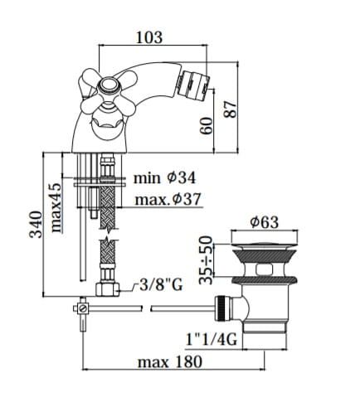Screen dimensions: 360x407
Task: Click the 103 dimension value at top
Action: [x=149, y=37]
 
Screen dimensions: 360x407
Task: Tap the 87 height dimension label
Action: [x=231, y=109]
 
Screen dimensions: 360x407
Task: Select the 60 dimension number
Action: [x=207, y=126]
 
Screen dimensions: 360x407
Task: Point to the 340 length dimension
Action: [x=36, y=225]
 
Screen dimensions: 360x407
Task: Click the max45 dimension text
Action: [x=56, y=207]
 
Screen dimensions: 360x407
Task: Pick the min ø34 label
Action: [x=164, y=177]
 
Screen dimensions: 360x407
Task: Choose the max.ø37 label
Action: [x=168, y=199]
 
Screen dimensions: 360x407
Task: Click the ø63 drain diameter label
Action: [x=265, y=222]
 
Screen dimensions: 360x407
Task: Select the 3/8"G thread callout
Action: [x=161, y=284]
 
